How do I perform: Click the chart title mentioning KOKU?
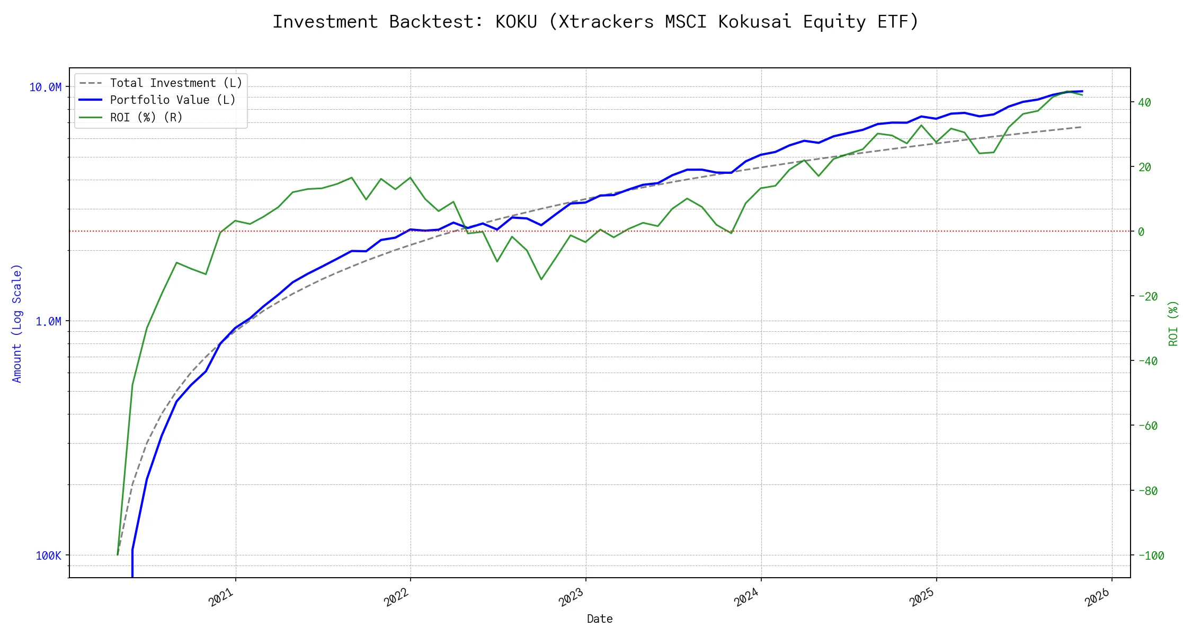tap(595, 22)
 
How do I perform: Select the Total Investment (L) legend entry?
tap(175, 83)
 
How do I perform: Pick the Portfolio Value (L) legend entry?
tap(172, 100)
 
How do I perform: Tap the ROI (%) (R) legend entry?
tap(146, 118)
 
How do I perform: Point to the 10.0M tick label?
tap(45, 87)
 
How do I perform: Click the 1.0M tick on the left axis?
tap(48, 322)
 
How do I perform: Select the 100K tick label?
tap(48, 556)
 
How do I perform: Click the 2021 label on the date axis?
tap(221, 597)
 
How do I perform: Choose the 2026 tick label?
tap(1097, 597)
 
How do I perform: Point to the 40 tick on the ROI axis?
tap(1144, 102)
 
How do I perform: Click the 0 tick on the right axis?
tap(1141, 232)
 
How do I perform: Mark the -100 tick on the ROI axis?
tap(1151, 556)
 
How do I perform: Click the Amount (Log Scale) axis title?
tap(17, 323)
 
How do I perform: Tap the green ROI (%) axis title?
tap(1173, 323)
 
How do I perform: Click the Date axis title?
tap(600, 619)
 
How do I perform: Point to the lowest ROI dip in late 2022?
tap(541, 279)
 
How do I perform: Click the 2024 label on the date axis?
tap(746, 597)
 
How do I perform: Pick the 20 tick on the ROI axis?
tap(1144, 167)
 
